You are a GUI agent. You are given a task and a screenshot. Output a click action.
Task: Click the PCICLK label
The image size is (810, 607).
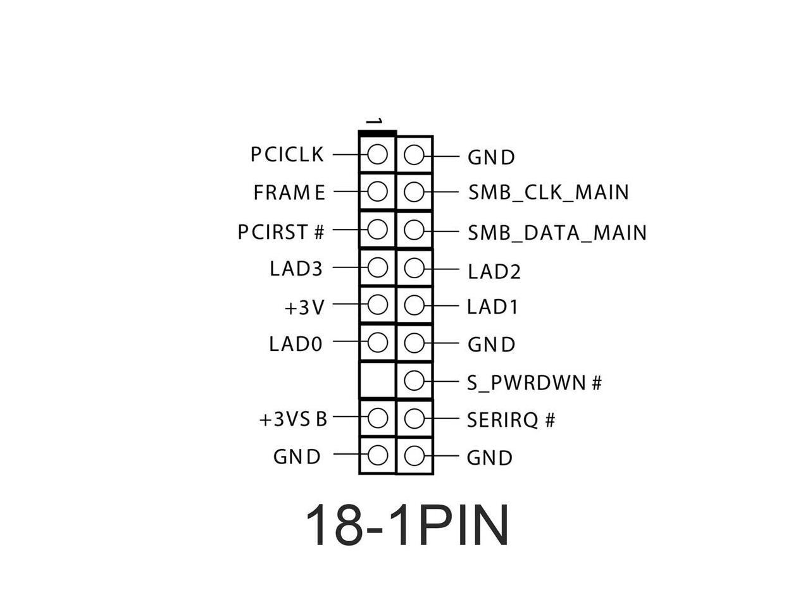pos(287,154)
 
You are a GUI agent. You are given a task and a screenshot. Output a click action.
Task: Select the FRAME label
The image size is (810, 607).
pos(289,192)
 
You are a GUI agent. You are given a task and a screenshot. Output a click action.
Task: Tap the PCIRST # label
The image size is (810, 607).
pos(281,232)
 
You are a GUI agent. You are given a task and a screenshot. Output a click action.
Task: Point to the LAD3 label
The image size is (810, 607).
pos(296,269)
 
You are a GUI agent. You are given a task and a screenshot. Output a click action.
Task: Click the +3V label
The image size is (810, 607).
pos(304,307)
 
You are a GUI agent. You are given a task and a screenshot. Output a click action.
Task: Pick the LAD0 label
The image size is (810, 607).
pos(296,344)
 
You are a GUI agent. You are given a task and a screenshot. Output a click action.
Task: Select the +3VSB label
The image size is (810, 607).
pos(293,419)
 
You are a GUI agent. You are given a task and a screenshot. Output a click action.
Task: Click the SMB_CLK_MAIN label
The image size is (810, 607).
pos(549,192)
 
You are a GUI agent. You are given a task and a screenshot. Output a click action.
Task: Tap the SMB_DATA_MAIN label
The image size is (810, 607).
pos(557,233)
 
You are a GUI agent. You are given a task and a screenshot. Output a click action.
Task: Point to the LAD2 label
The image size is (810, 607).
pos(494,271)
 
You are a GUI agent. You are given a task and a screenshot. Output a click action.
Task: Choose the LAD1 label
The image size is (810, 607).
pos(492,307)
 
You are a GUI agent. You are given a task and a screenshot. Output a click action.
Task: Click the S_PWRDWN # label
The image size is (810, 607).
pos(534,383)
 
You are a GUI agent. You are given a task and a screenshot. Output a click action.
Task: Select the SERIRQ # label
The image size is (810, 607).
pos(511,420)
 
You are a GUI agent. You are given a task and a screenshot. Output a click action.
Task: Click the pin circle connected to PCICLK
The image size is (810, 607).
pos(377,154)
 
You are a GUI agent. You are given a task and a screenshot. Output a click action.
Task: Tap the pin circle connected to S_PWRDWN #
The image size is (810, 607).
pos(414,381)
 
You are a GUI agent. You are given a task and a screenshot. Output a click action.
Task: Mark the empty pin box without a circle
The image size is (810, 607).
pos(377,381)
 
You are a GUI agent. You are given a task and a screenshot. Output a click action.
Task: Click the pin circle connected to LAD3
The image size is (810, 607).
pos(377,268)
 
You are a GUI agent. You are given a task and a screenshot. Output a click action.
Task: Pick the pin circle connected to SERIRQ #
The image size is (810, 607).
pos(414,418)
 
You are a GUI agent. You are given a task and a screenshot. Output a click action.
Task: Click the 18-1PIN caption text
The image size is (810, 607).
pos(407,525)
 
